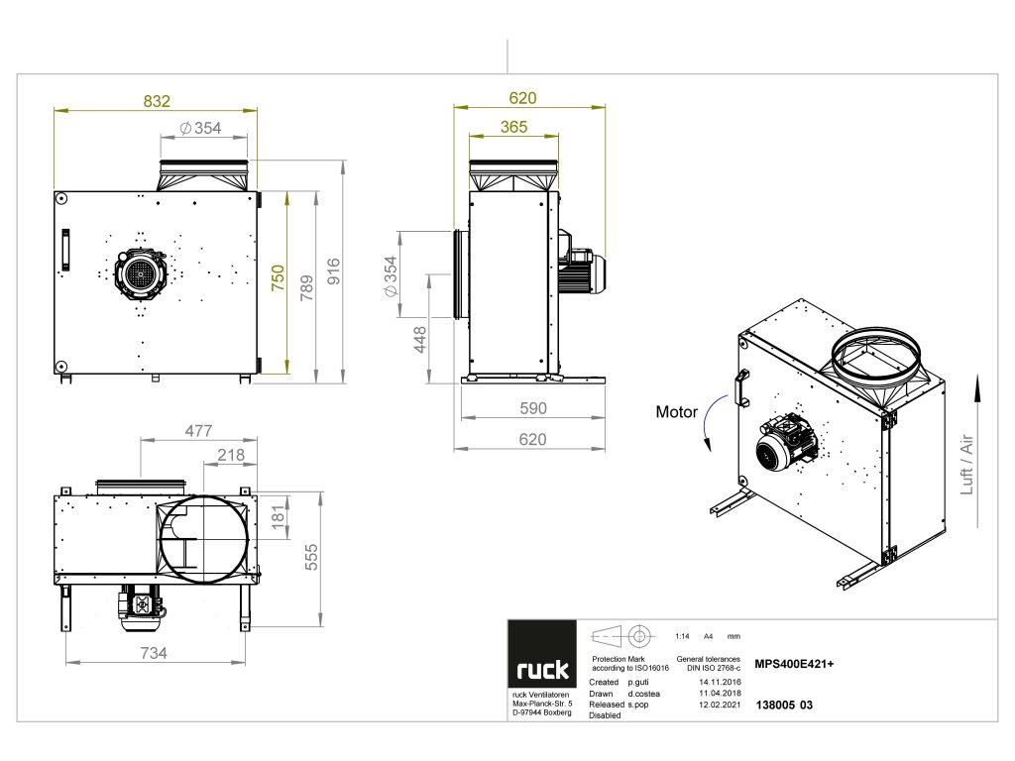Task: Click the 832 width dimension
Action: (157, 100)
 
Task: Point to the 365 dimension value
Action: (513, 127)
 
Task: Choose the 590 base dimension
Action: (532, 408)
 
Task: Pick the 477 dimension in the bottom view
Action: (199, 431)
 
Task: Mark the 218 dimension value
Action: (231, 455)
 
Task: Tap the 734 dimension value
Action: (153, 653)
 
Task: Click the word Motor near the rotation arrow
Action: (676, 412)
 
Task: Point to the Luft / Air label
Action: (966, 465)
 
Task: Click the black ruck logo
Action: (542, 670)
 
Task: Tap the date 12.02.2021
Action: (720, 705)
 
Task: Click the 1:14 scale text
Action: (681, 636)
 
